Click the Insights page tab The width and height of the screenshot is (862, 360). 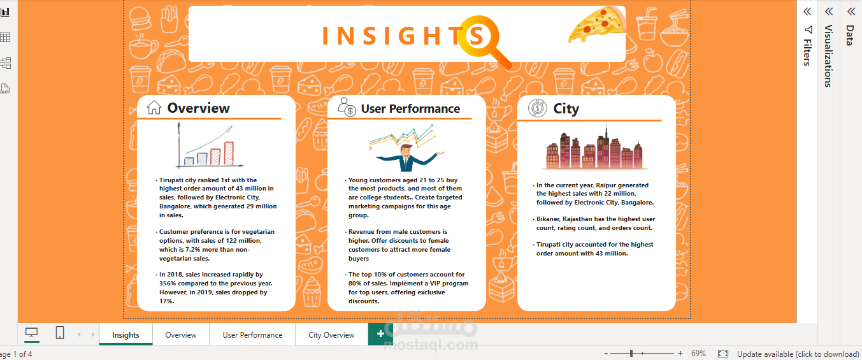coord(126,335)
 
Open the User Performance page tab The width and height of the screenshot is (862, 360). coord(252,335)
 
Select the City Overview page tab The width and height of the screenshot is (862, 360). coord(331,335)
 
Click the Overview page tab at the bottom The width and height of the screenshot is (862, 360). coord(181,335)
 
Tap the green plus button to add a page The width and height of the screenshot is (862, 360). coord(380,334)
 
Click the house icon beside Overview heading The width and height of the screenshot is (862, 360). coord(154,108)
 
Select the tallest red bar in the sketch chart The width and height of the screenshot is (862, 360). coord(229,154)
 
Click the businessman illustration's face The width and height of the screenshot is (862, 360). coord(406,151)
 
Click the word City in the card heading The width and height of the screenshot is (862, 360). coord(566,108)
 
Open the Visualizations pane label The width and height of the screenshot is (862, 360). coord(828,56)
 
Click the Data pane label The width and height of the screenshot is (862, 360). coord(850,36)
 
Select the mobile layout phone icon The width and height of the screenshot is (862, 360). coord(60,333)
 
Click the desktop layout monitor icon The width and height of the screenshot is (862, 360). coord(32,332)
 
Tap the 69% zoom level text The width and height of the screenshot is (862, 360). coord(698,354)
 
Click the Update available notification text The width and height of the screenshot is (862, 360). coord(798,354)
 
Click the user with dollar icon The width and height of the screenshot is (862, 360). coord(347,107)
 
